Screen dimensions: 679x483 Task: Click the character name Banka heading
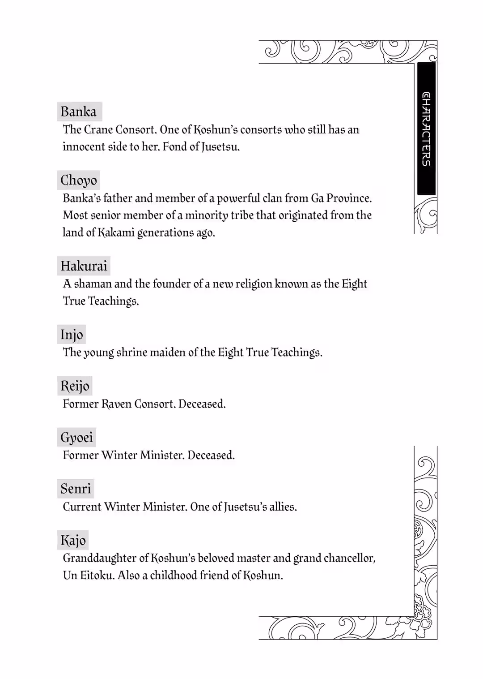pyautogui.click(x=79, y=112)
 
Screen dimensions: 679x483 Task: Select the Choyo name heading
pyautogui.click(x=79, y=180)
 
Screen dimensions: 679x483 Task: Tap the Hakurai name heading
pyautogui.click(x=84, y=266)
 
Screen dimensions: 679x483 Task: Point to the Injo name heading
pyautogui.click(x=72, y=335)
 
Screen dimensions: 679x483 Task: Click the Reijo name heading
pyautogui.click(x=75, y=386)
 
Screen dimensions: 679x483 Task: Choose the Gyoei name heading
pyautogui.click(x=76, y=438)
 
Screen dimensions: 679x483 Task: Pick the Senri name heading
pyautogui.click(x=76, y=489)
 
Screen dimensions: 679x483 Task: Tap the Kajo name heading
pyautogui.click(x=73, y=541)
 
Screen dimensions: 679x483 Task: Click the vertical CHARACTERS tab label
pyautogui.click(x=427, y=129)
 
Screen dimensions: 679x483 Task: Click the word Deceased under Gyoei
pyautogui.click(x=211, y=456)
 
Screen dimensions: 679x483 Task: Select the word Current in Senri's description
pyautogui.click(x=82, y=507)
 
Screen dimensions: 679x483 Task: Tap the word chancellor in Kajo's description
pyautogui.click(x=349, y=559)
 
